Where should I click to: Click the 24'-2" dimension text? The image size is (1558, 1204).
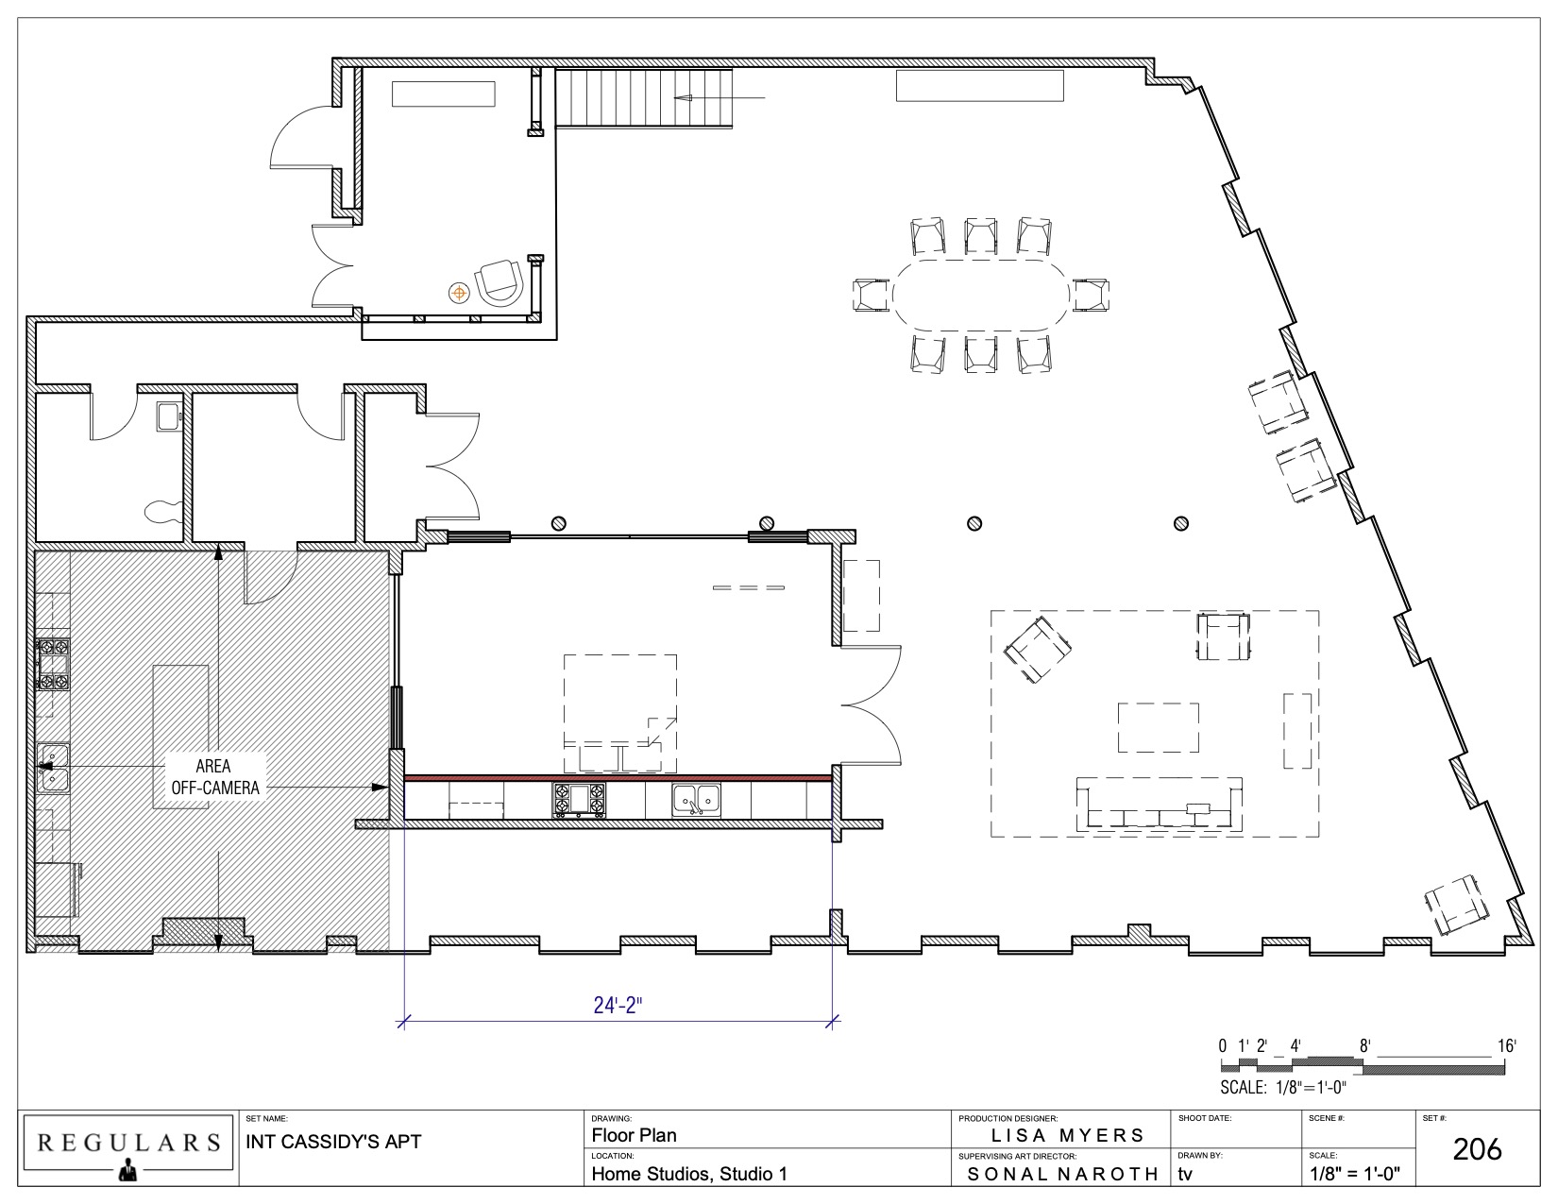(618, 1006)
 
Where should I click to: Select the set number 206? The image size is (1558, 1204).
(1477, 1149)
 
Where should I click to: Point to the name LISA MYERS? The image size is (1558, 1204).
(1068, 1135)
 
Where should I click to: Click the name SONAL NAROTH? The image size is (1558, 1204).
(1062, 1174)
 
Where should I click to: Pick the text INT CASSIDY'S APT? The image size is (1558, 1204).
(333, 1142)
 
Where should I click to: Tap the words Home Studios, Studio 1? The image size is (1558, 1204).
(689, 1174)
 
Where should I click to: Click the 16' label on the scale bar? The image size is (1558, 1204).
(1506, 1046)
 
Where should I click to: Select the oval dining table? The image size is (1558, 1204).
(981, 295)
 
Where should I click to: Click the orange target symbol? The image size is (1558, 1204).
(459, 293)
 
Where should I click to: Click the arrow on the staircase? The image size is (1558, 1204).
(720, 97)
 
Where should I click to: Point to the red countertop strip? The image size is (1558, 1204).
(618, 777)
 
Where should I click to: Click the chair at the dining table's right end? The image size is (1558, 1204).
(1091, 295)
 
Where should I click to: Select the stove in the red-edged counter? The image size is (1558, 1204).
(579, 800)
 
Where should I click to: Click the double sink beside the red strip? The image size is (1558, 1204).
(696, 800)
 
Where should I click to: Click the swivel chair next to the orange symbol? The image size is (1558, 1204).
(500, 284)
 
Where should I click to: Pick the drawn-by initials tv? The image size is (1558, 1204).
(1185, 1174)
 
